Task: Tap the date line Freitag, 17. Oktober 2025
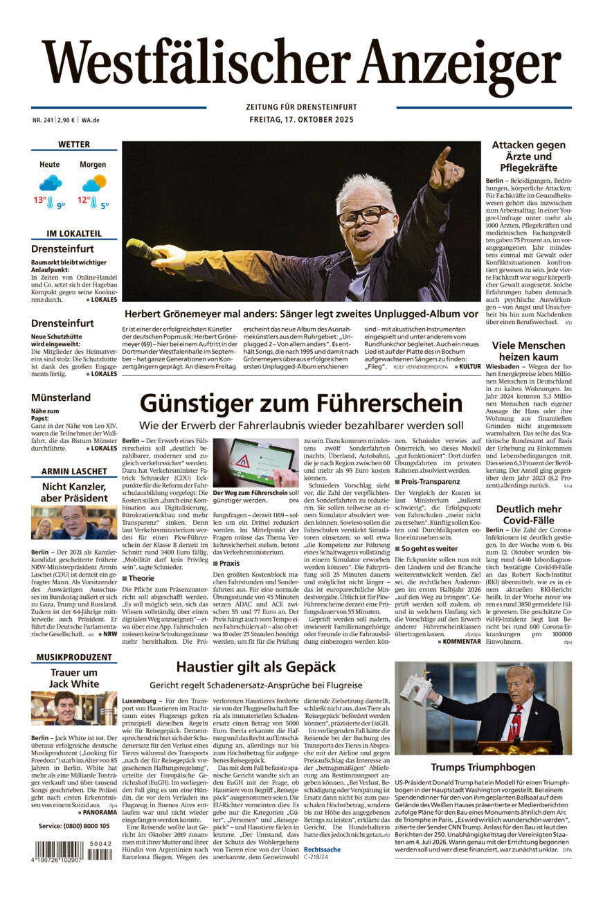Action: tap(301, 120)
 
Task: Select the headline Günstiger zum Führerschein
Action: tap(301, 403)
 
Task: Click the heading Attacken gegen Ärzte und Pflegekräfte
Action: tap(528, 156)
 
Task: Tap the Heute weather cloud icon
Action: tap(50, 183)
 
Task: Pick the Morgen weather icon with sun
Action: tap(94, 183)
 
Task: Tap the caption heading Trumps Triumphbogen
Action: tap(483, 766)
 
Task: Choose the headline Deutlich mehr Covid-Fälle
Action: tap(528, 515)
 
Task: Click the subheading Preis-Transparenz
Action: tap(430, 481)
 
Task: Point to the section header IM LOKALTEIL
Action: tap(73, 233)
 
